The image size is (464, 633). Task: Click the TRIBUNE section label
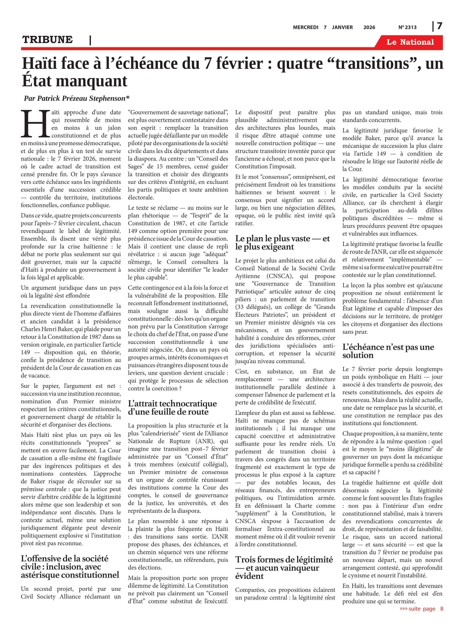click(x=47, y=40)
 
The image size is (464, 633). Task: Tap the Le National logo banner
click(x=410, y=42)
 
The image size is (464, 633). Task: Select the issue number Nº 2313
click(x=407, y=27)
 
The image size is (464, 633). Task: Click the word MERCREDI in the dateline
click(x=305, y=27)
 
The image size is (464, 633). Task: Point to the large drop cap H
click(x=35, y=124)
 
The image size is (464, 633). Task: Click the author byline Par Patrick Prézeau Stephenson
click(x=76, y=98)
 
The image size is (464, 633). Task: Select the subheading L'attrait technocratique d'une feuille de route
click(x=172, y=407)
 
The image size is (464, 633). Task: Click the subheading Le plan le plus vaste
click(x=282, y=242)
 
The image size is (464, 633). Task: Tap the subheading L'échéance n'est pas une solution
click(x=388, y=351)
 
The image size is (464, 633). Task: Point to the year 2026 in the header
click(x=369, y=27)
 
